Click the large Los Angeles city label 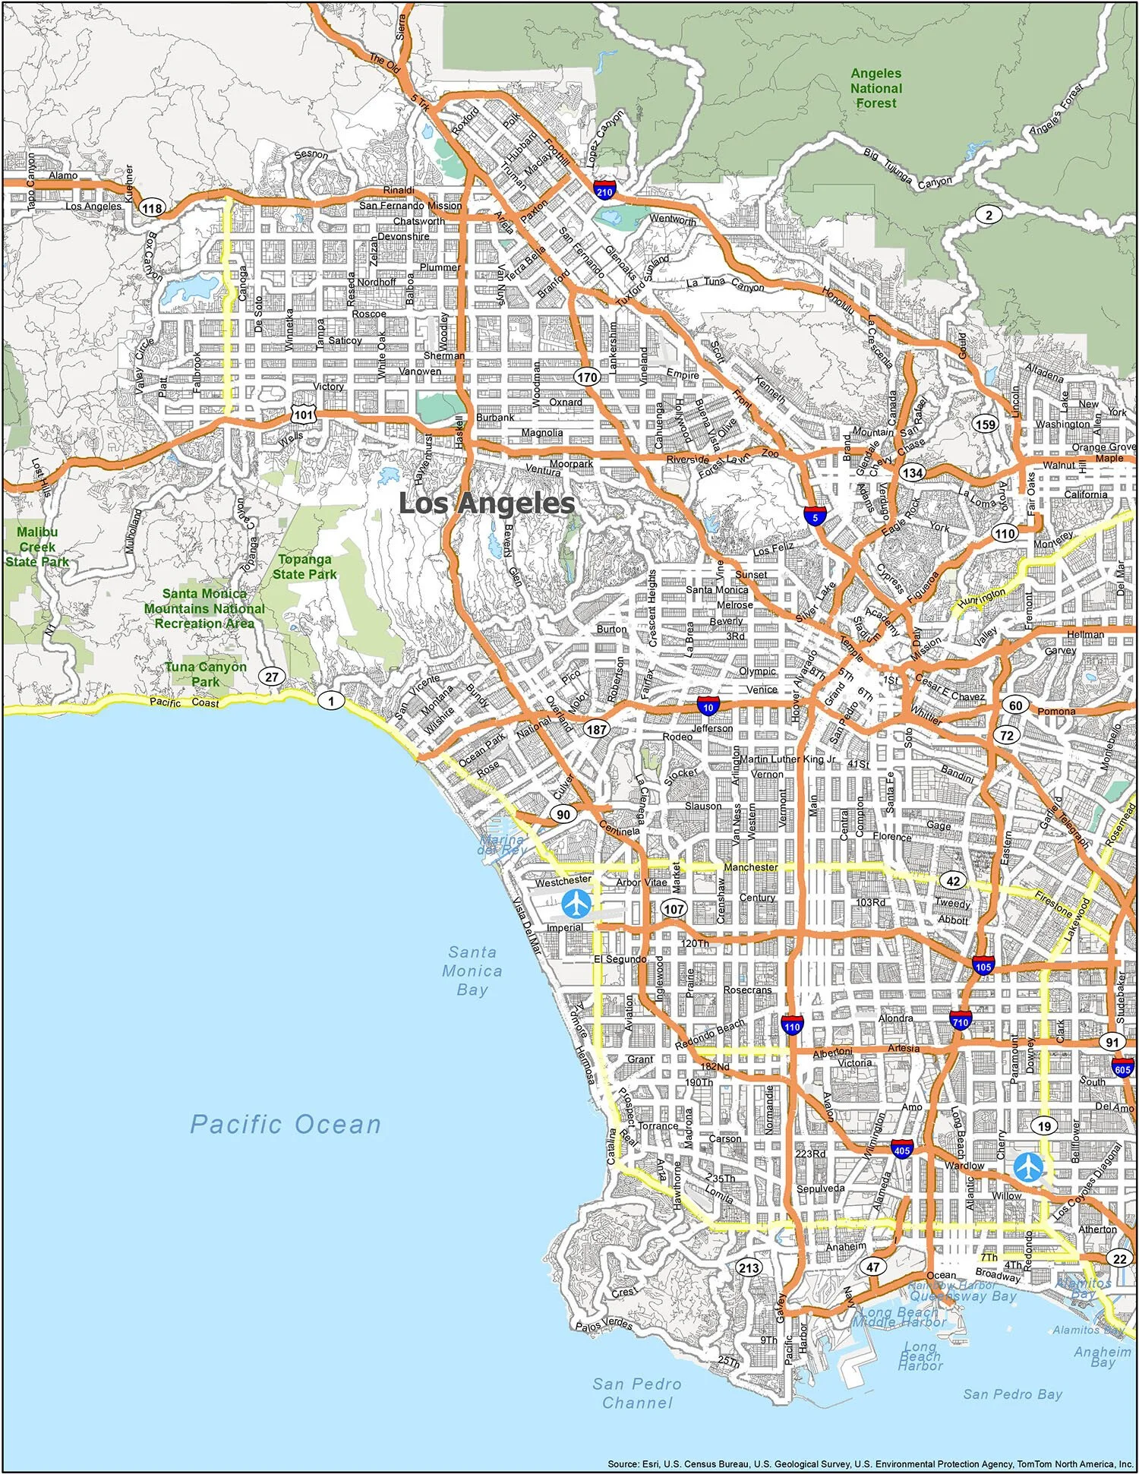pyautogui.click(x=487, y=503)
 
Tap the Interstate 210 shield pyautogui.click(x=605, y=190)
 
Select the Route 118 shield pyautogui.click(x=153, y=209)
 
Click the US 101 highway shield pyautogui.click(x=304, y=415)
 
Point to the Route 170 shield pyautogui.click(x=586, y=377)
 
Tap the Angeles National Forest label pyautogui.click(x=876, y=88)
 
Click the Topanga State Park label pyautogui.click(x=304, y=567)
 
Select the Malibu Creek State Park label pyautogui.click(x=38, y=547)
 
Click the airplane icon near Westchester pyautogui.click(x=577, y=904)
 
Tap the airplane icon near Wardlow pyautogui.click(x=1028, y=1167)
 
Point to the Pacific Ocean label pyautogui.click(x=285, y=1125)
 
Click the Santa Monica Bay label pyautogui.click(x=472, y=971)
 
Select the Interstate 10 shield pyautogui.click(x=708, y=705)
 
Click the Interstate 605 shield pyautogui.click(x=1123, y=1068)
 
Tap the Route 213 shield pyautogui.click(x=748, y=1267)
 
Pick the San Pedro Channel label pyautogui.click(x=636, y=1394)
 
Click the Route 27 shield pyautogui.click(x=271, y=677)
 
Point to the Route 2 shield pyautogui.click(x=989, y=215)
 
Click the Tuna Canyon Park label pyautogui.click(x=206, y=674)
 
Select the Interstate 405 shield pyautogui.click(x=902, y=1150)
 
